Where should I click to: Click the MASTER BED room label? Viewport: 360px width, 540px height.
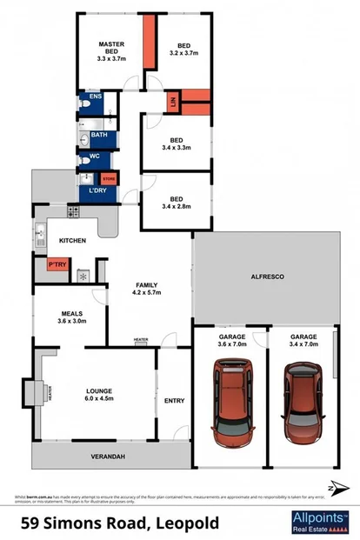point(112,52)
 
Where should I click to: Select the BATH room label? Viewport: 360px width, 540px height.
point(99,135)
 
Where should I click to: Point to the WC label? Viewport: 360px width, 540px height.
point(97,157)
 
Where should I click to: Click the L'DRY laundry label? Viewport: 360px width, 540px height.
point(96,190)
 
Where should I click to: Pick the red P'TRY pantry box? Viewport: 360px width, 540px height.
point(57,264)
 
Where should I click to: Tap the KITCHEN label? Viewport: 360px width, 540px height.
point(72,240)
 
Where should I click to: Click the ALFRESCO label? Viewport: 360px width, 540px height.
point(268,277)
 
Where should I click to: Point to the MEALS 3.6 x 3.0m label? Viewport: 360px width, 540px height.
point(71,317)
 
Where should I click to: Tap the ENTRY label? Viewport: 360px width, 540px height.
point(175,400)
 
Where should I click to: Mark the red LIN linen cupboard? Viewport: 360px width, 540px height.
point(173,102)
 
